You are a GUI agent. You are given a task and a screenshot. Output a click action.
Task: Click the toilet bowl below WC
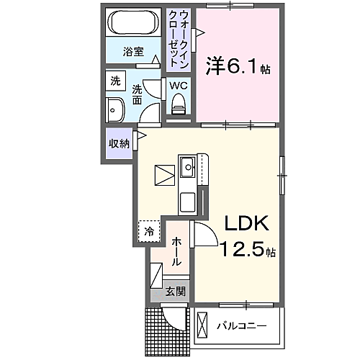178,105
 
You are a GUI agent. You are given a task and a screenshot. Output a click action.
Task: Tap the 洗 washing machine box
116,82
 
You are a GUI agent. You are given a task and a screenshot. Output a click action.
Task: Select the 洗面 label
136,96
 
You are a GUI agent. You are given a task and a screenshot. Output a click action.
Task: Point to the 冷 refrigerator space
149,232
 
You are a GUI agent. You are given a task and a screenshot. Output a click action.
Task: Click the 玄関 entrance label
175,292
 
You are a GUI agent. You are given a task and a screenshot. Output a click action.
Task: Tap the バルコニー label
242,325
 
